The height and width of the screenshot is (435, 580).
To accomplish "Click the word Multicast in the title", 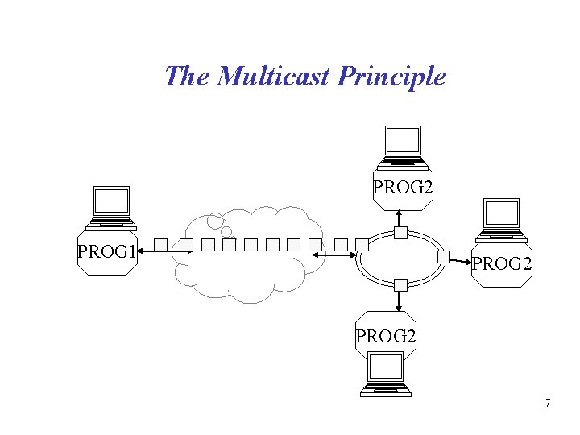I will [274, 77].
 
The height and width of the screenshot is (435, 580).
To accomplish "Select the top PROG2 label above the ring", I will [403, 188].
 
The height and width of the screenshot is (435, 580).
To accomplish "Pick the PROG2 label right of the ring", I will [501, 263].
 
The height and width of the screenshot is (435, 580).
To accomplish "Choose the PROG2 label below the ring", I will [386, 336].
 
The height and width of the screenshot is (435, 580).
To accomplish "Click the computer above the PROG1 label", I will [111, 206].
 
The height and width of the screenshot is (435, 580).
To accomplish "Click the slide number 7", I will [548, 403].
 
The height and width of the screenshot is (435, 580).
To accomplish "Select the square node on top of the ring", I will [400, 234].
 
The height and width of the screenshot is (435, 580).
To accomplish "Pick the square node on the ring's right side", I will [443, 258].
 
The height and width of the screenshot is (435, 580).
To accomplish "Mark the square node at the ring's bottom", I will [400, 284].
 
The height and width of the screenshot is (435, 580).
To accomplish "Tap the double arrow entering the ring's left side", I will [334, 255].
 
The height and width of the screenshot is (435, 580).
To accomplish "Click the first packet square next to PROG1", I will [160, 244].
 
